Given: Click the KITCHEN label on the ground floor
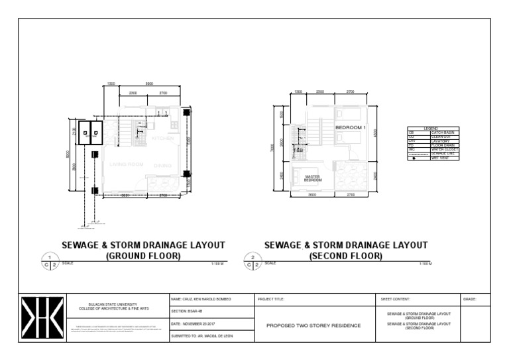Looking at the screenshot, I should (x=162, y=139).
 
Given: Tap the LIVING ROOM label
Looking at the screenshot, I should (x=127, y=164).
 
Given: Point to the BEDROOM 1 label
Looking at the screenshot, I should (x=351, y=127).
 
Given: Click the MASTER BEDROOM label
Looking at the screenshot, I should (x=312, y=178).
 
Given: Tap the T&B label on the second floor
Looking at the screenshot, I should (x=299, y=150).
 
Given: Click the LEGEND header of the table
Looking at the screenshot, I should (x=431, y=128).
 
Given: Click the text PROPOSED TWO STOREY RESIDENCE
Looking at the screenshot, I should (x=313, y=326).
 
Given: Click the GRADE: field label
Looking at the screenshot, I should (x=470, y=300).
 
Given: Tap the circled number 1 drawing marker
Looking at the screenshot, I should (x=50, y=257).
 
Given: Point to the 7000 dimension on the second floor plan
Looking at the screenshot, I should (x=282, y=150).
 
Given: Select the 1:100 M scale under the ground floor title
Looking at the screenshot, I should (x=217, y=264).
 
